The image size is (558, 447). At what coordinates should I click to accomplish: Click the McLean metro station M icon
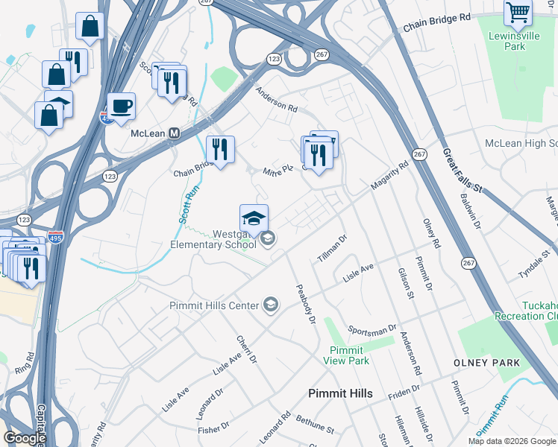point(175,133)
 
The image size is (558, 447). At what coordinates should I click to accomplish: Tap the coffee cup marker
point(121,106)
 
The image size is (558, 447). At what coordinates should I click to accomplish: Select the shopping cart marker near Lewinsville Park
point(518,12)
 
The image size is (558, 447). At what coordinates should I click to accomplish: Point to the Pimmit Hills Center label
point(213,305)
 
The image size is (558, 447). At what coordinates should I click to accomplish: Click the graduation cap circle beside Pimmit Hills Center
point(270,305)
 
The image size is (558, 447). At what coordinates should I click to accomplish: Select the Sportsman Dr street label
point(372,330)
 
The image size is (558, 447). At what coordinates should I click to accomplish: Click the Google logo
point(25,438)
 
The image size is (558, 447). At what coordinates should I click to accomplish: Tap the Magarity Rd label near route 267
point(391,177)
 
